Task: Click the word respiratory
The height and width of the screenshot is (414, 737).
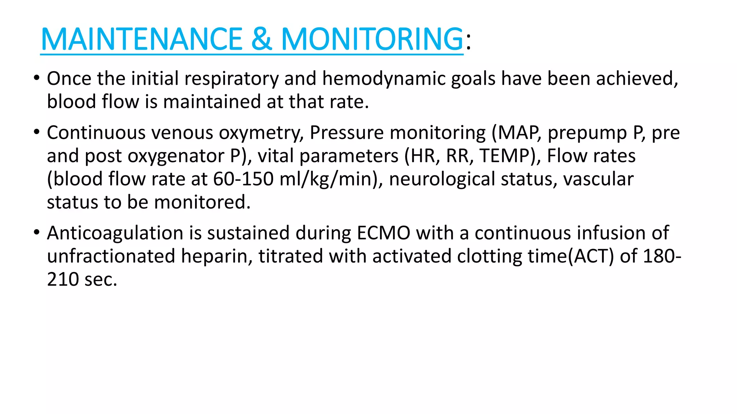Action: tap(231, 79)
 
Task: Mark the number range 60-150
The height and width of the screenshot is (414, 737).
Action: tap(243, 179)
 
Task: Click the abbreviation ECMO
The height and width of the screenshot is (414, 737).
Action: tap(384, 233)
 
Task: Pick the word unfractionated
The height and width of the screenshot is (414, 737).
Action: tap(111, 256)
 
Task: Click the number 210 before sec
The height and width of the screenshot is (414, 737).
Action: tap(63, 279)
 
